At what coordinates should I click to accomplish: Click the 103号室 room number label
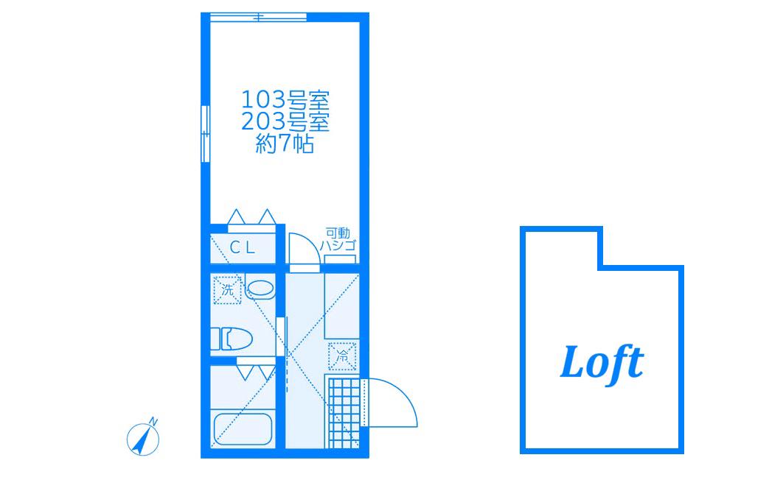pyautogui.click(x=285, y=99)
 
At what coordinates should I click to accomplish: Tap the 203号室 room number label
pyautogui.click(x=285, y=121)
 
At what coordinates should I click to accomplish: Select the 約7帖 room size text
pyautogui.click(x=285, y=144)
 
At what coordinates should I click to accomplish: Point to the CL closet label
pyautogui.click(x=243, y=248)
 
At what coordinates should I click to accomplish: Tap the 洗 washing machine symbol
pyautogui.click(x=227, y=290)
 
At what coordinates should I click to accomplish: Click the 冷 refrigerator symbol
pyautogui.click(x=342, y=356)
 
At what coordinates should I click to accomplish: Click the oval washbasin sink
pyautogui.click(x=260, y=288)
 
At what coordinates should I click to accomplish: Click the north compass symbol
pyautogui.click(x=143, y=439)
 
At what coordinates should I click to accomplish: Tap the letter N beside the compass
pyautogui.click(x=153, y=421)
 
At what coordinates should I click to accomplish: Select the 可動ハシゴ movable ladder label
pyautogui.click(x=338, y=239)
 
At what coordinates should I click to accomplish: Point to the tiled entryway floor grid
pyautogui.click(x=343, y=412)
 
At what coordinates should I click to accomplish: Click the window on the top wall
pyautogui.click(x=259, y=17)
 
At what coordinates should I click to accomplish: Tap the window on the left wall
pyautogui.click(x=206, y=134)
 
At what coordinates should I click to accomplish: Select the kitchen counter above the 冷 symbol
pyautogui.click(x=342, y=306)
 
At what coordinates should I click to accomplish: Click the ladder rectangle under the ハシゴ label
pyautogui.click(x=340, y=259)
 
